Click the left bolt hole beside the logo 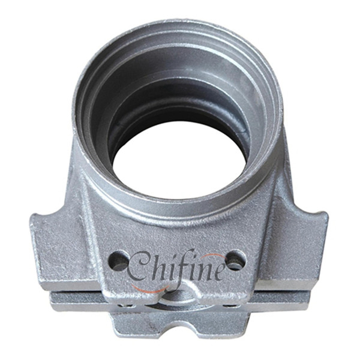click(x=119, y=261)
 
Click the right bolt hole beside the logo click(x=235, y=259)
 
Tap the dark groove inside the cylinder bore click(x=150, y=114)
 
